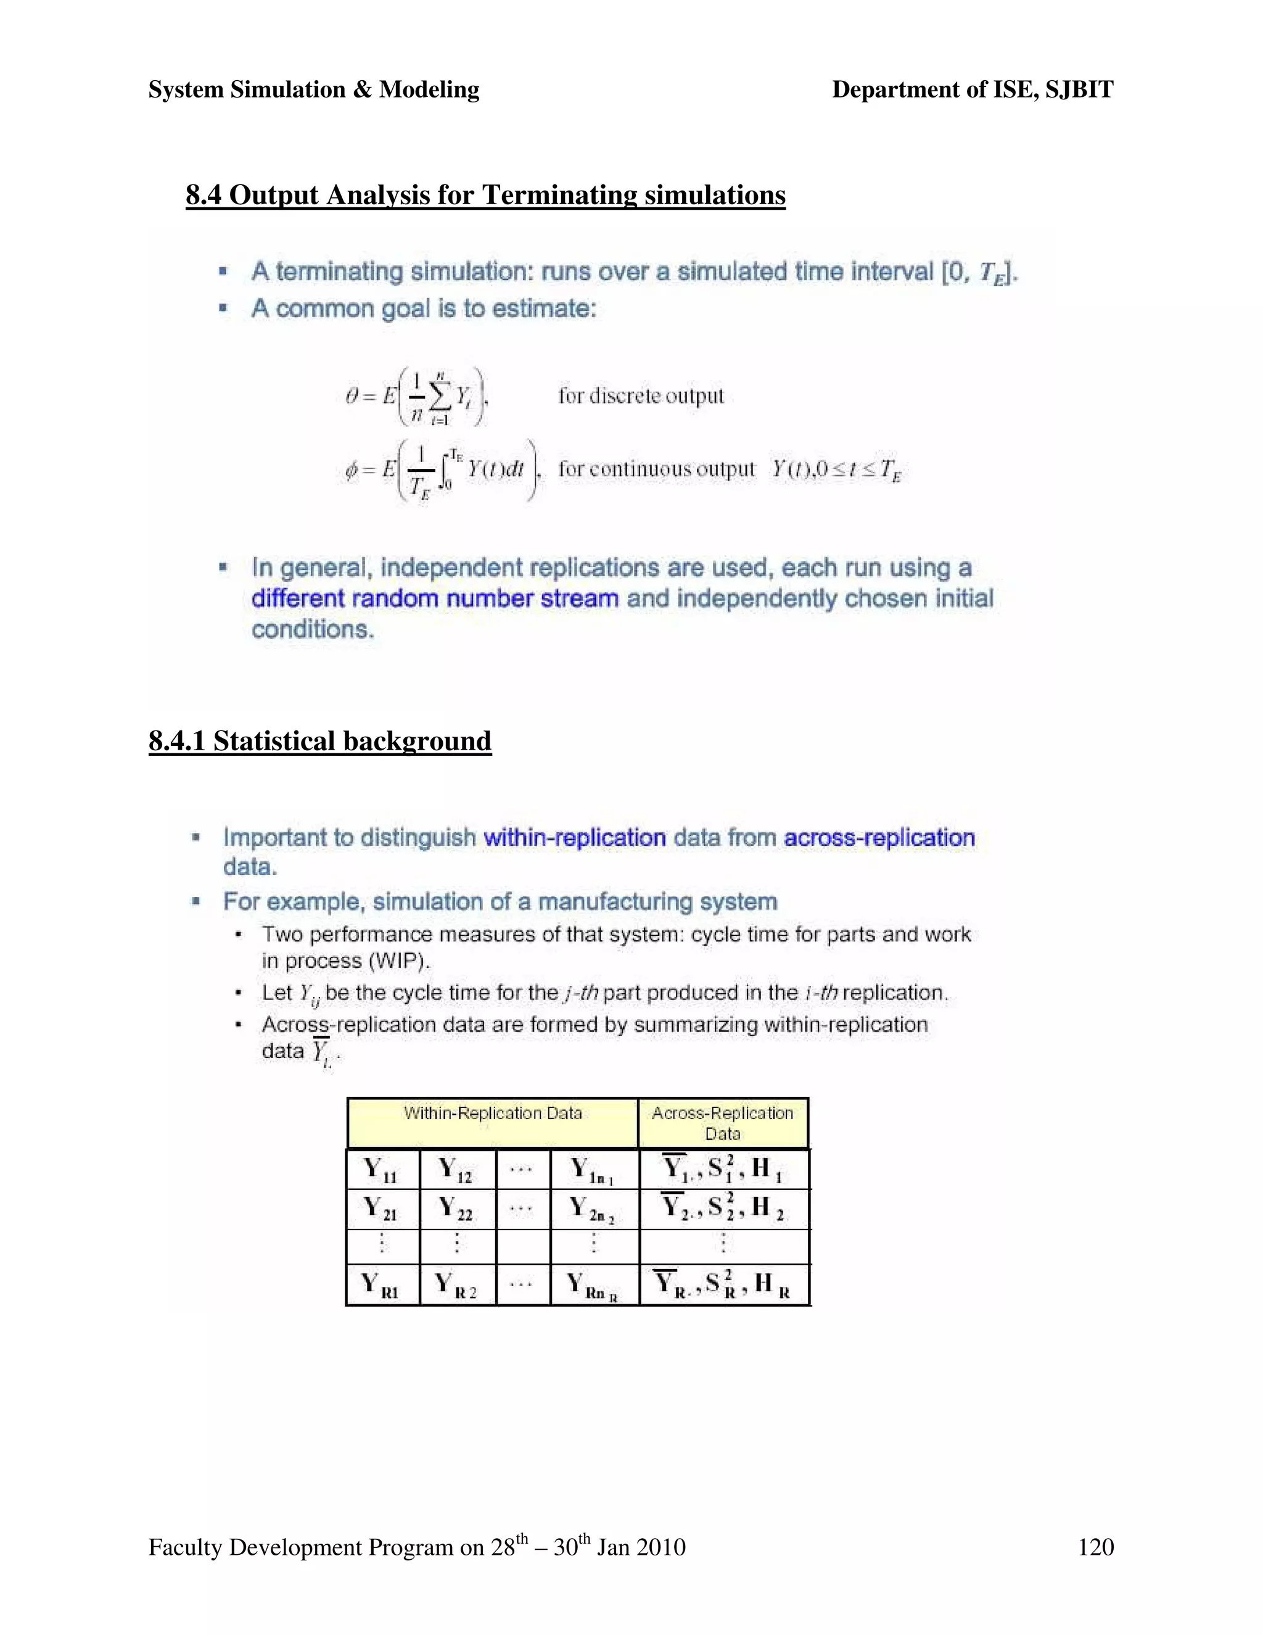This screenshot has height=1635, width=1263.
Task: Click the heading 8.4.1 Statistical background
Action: (320, 741)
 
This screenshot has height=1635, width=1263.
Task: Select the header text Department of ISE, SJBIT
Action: (973, 90)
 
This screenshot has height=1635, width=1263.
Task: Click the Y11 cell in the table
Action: (381, 1170)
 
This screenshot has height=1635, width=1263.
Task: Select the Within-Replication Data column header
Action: (492, 1113)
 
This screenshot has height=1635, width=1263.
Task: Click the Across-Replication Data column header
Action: (722, 1123)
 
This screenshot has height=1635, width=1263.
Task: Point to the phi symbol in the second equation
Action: (351, 470)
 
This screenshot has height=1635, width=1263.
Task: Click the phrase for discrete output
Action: (641, 395)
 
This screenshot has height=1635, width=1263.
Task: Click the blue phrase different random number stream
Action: (435, 599)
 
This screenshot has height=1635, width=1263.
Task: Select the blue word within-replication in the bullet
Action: (575, 837)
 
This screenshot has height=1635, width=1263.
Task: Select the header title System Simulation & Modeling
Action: (313, 90)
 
